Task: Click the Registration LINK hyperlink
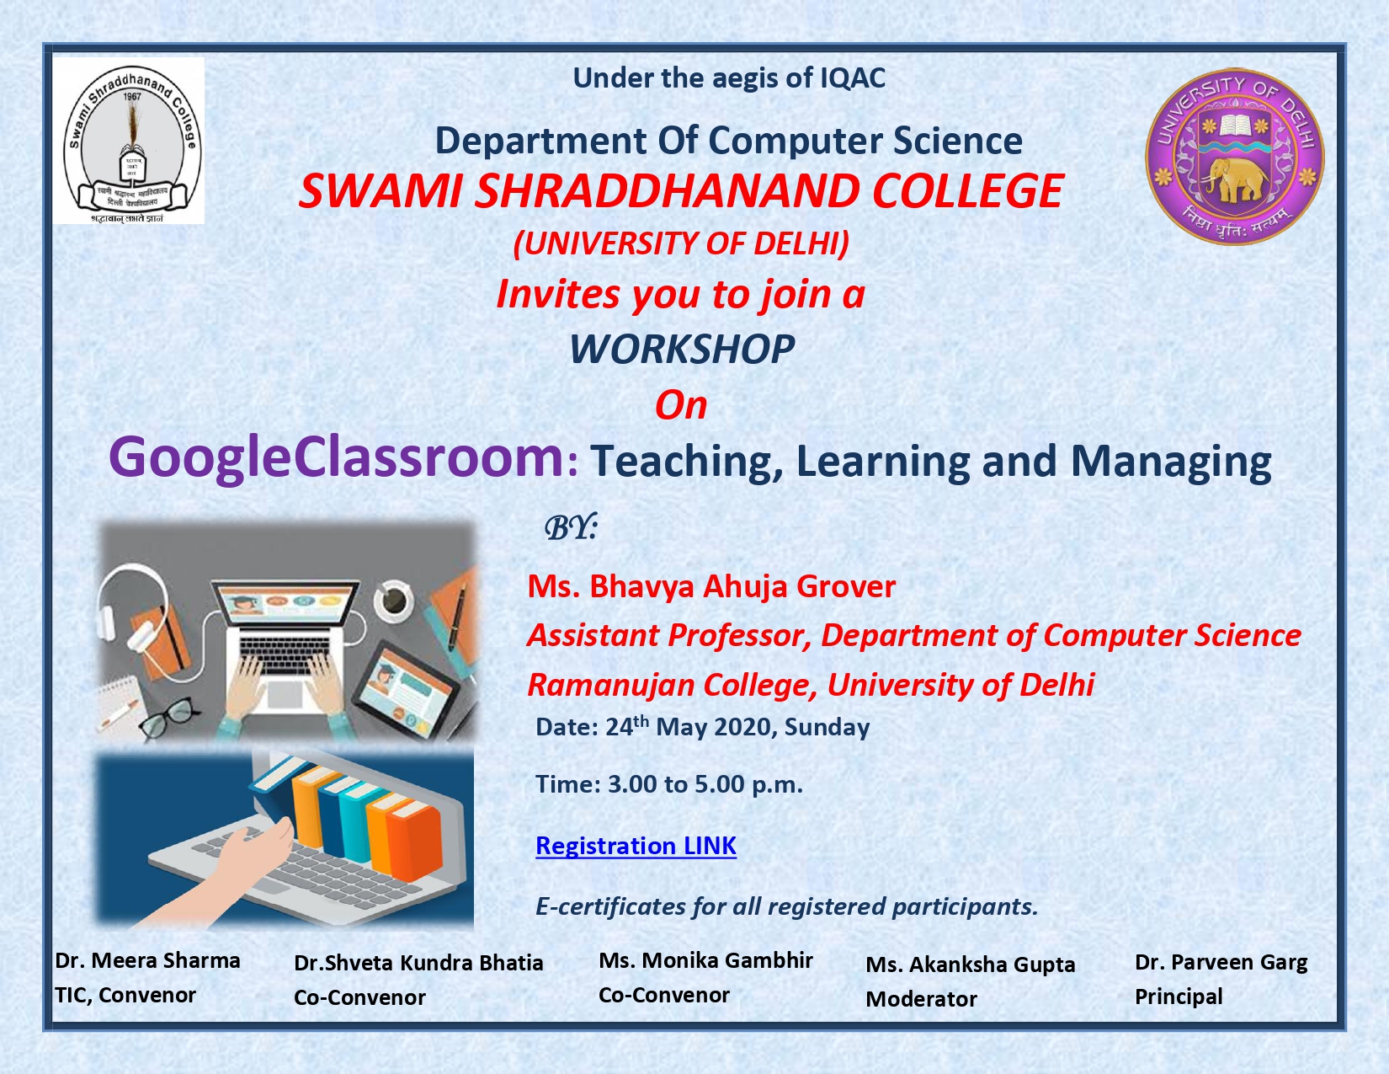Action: click(636, 846)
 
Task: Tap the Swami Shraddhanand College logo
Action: click(129, 141)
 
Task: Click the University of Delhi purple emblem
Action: click(1234, 157)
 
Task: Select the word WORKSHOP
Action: click(681, 350)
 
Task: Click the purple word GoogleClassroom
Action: click(336, 457)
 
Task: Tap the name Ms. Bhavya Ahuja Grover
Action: click(710, 586)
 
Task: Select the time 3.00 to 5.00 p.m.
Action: click(705, 784)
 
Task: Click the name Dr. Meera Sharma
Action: click(147, 960)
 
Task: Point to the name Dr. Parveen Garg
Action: click(1221, 962)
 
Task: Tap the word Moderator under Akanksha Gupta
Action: click(921, 998)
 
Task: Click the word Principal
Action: click(1178, 997)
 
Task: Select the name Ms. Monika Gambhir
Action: click(705, 960)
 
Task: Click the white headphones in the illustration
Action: click(131, 617)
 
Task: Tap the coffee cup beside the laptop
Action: click(394, 600)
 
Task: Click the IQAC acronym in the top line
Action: click(853, 78)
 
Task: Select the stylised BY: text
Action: click(570, 528)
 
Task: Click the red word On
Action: click(681, 405)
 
